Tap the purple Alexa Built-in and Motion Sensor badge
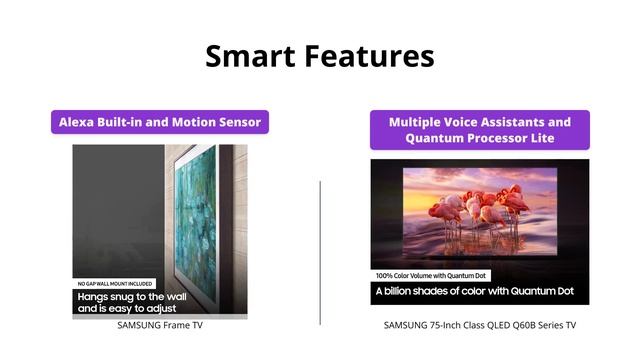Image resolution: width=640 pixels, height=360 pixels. (x=160, y=122)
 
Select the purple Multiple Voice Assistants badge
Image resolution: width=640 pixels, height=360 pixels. (x=479, y=130)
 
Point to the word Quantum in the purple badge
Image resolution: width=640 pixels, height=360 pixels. (x=441, y=138)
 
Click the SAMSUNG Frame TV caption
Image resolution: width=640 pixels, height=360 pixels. (x=160, y=325)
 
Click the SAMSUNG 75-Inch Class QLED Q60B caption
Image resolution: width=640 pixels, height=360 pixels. (x=479, y=325)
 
